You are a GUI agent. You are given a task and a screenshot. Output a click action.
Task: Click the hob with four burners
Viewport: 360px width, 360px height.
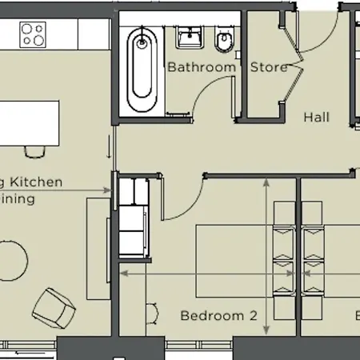34,34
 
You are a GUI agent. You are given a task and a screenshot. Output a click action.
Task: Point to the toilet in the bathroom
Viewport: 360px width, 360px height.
225,38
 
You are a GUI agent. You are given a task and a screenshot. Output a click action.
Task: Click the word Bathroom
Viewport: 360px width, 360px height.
202,68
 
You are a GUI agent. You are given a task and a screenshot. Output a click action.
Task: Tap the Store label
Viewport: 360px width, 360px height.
269,68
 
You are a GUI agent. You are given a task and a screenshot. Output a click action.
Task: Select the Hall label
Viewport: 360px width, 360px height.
316,118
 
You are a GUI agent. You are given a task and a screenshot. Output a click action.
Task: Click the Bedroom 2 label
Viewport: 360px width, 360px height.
218,315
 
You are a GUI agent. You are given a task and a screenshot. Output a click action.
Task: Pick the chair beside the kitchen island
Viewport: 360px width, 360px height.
34,150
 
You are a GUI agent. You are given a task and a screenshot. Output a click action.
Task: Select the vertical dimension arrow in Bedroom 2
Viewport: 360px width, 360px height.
266,256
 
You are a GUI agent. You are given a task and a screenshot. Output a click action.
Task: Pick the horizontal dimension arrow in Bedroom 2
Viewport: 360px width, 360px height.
200,272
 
